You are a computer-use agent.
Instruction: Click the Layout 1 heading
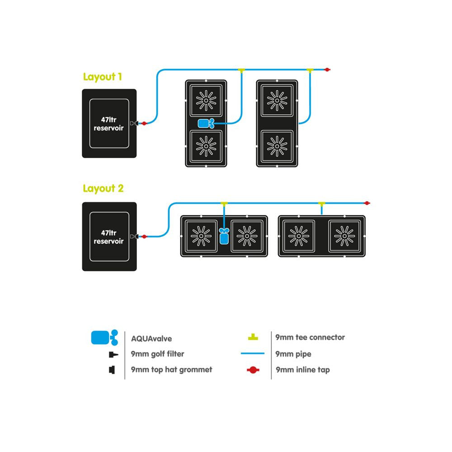(103, 77)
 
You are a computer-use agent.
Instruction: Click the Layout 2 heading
(103, 188)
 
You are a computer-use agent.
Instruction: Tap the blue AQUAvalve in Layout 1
(206, 123)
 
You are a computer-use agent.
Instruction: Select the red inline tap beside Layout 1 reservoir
(144, 123)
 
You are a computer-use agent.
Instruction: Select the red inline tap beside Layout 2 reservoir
(144, 236)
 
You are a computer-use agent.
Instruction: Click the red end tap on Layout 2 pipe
(367, 203)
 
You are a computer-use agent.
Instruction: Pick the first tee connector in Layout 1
(241, 70)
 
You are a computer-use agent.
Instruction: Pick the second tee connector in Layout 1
(310, 70)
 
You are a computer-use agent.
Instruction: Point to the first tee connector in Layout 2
(224, 204)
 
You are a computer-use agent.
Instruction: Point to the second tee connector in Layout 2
(321, 204)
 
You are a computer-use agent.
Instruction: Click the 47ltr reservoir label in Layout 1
(108, 123)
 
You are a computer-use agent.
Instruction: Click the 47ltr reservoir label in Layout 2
(108, 237)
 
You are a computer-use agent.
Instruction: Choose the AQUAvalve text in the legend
(151, 338)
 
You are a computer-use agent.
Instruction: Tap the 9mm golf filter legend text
(157, 354)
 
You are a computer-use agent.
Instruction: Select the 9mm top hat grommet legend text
(171, 370)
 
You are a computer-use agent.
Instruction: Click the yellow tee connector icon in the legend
(253, 338)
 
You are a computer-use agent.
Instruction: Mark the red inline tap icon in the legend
(253, 370)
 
